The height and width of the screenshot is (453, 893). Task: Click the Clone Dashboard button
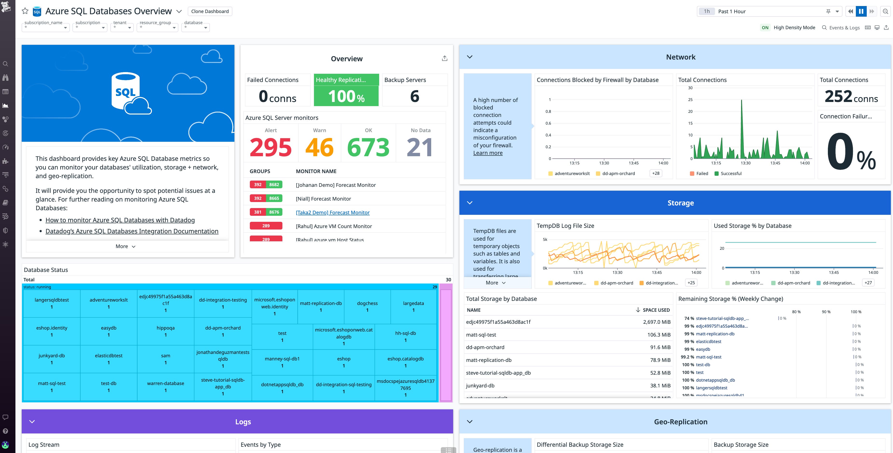coord(210,11)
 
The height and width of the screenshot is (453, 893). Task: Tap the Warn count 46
coord(319,147)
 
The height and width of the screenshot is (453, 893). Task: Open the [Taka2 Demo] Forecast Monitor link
coord(333,212)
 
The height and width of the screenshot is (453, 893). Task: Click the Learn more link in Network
coord(487,153)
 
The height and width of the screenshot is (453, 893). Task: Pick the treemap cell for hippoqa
coord(165,331)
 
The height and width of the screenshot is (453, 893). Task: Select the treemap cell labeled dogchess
coord(367,306)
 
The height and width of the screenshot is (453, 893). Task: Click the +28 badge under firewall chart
coord(655,173)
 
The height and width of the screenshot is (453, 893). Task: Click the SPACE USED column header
coord(656,310)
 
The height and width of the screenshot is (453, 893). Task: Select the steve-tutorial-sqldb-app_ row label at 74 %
coord(722,318)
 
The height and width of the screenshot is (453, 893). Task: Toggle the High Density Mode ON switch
coord(765,27)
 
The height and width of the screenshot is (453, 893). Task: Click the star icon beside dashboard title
coord(25,11)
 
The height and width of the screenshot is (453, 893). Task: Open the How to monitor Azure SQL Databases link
coord(120,220)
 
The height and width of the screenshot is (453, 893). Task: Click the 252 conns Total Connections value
coord(851,97)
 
